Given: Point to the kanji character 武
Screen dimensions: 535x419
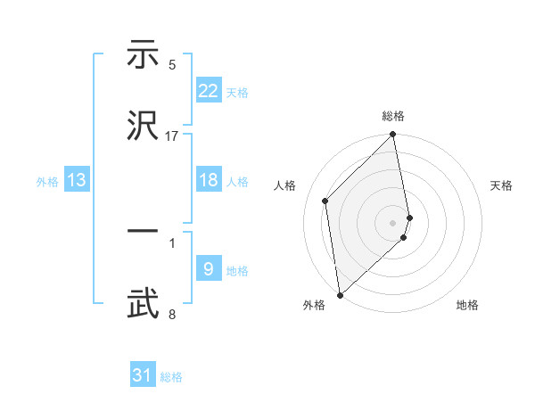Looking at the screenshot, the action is (x=144, y=303).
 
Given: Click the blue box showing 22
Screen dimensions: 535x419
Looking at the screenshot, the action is (x=209, y=90).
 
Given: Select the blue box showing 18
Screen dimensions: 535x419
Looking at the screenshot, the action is (x=209, y=179).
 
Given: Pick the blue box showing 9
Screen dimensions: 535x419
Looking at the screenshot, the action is (x=209, y=268).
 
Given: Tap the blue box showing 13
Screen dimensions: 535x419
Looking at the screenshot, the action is (x=77, y=180).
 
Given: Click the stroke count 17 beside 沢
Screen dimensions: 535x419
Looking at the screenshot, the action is (x=172, y=136).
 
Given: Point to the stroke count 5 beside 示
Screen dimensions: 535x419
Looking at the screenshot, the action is (x=172, y=65).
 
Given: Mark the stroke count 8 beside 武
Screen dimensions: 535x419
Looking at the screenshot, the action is (x=172, y=314).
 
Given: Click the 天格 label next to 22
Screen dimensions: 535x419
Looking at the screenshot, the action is (x=237, y=93).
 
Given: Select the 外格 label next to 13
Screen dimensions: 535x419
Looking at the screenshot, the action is (x=47, y=182).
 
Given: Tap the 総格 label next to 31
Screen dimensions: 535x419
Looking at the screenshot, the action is (x=171, y=378).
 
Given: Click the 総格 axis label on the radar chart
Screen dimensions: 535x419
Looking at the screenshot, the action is (x=393, y=117).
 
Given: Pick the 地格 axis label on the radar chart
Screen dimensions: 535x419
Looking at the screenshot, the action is (x=467, y=306).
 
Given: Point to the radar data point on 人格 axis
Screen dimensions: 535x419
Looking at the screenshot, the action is (x=325, y=201).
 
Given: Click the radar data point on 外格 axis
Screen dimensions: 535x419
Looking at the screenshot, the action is (x=340, y=294).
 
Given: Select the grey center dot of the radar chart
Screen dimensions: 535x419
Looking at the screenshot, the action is (x=393, y=222).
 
